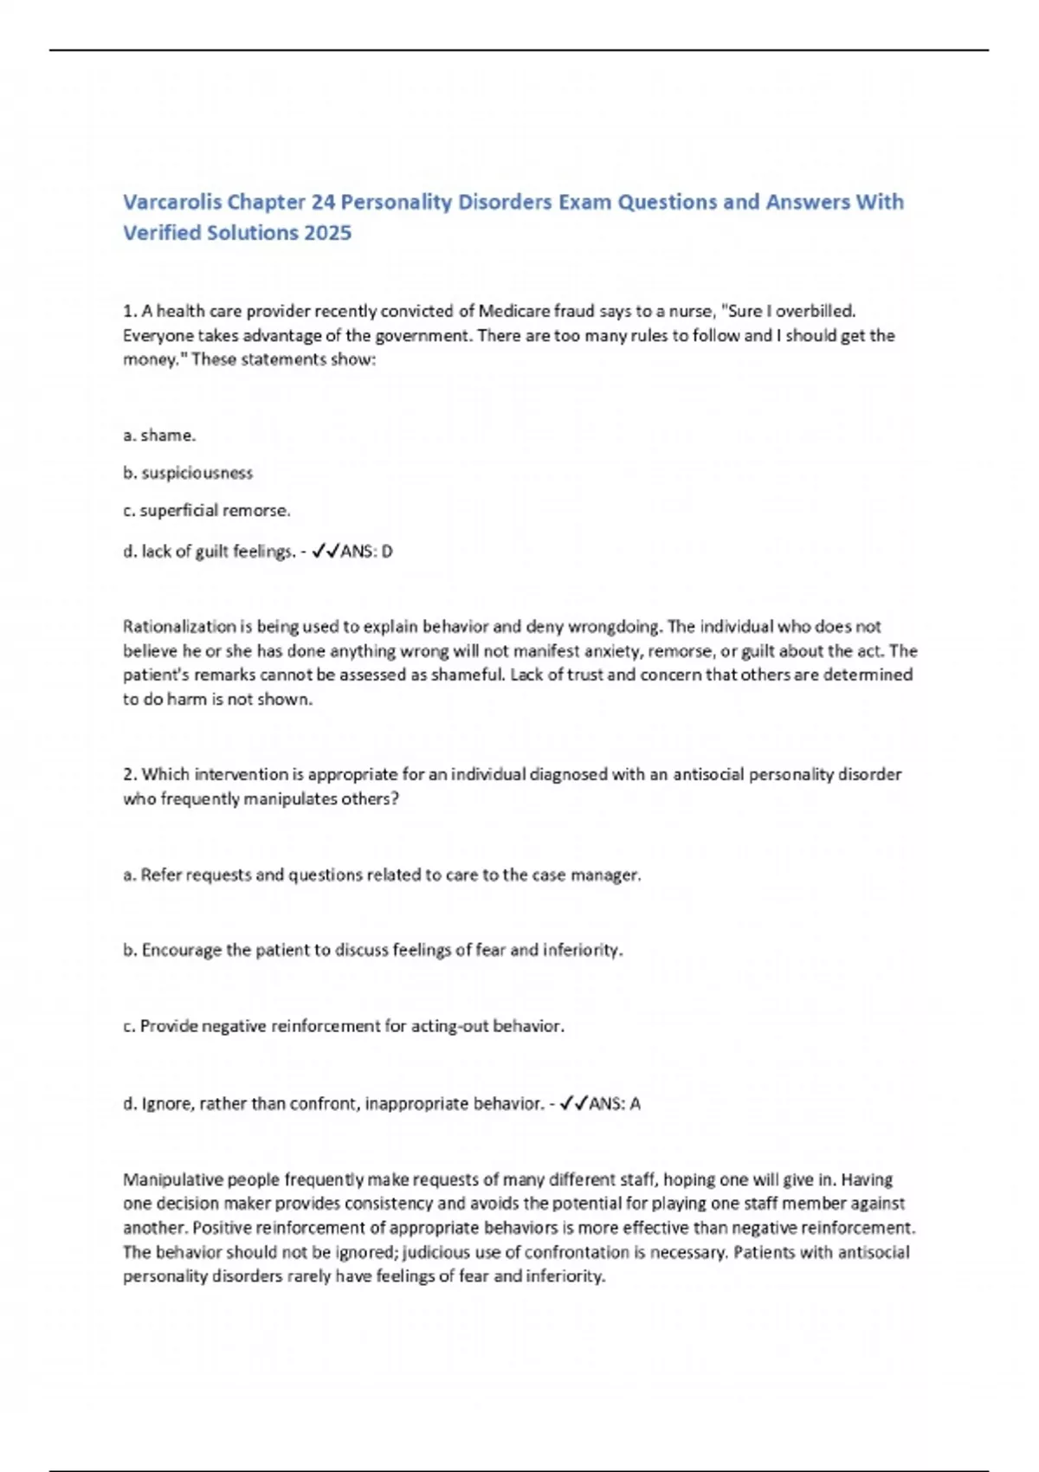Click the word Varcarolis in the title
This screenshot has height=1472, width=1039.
tap(172, 202)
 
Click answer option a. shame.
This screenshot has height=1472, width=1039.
tap(159, 435)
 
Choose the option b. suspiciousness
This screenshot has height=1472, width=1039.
tap(188, 473)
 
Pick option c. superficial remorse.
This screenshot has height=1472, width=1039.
tap(207, 511)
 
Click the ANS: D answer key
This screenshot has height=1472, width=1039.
tap(366, 551)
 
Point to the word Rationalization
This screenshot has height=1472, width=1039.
tap(179, 626)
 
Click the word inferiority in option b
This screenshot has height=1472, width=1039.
tap(582, 950)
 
